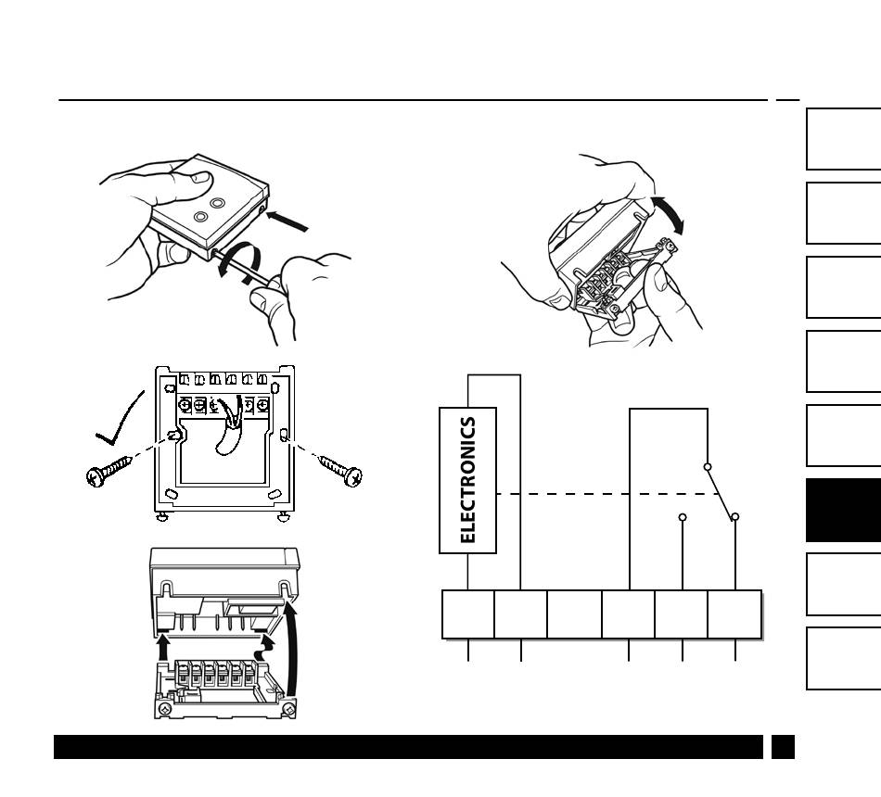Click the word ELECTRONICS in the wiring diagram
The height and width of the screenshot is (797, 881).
tap(468, 480)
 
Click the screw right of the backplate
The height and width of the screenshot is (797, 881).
tap(341, 471)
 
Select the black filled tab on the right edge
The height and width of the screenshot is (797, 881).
tap(843, 510)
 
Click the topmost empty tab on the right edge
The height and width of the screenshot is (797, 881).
tap(843, 139)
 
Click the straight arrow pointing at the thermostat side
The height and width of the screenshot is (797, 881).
tap(287, 221)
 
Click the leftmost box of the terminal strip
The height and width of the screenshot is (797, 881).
tap(468, 614)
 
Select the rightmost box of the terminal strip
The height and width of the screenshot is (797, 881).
tap(734, 614)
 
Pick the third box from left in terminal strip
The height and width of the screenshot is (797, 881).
tap(574, 614)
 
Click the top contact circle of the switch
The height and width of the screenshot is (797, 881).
tap(708, 467)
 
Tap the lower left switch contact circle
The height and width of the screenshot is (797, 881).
tap(683, 517)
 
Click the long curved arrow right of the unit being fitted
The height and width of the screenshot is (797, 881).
tap(291, 649)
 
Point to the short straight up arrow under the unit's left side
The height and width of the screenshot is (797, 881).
tap(163, 646)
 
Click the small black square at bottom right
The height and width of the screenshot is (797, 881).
tap(783, 747)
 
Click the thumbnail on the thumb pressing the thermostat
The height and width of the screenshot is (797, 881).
tap(200, 177)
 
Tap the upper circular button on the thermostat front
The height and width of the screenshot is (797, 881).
tap(217, 202)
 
